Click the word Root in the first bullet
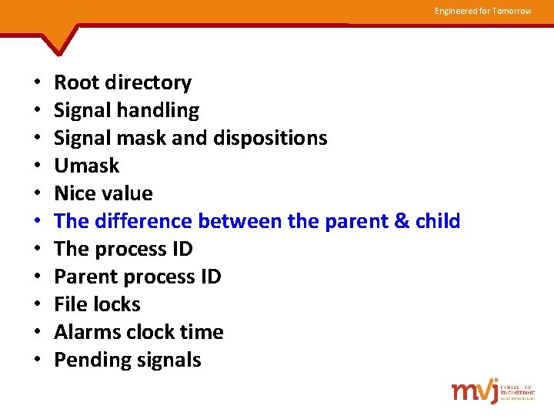coord(76,82)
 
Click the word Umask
coord(87,166)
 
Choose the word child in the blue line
coord(437,221)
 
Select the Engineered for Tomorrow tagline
coord(482,11)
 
